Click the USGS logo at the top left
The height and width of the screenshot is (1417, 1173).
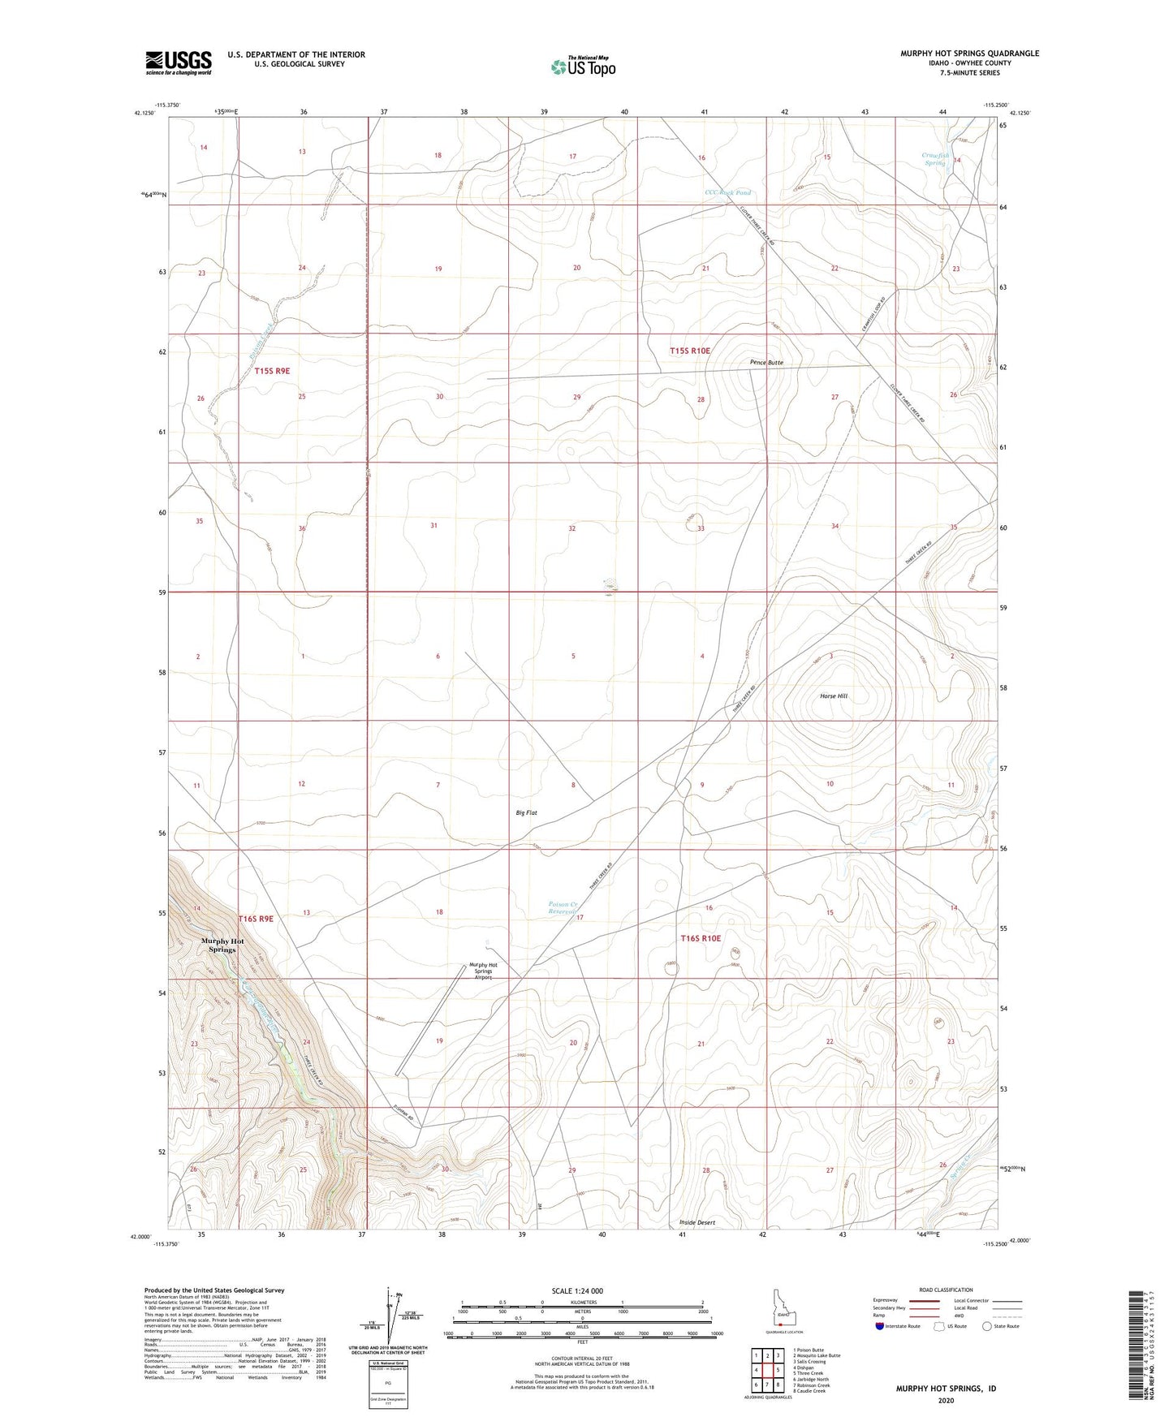point(178,62)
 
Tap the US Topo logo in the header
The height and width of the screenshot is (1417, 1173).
point(583,67)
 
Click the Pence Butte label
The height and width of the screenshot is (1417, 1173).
point(765,363)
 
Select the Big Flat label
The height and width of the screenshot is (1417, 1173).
point(526,812)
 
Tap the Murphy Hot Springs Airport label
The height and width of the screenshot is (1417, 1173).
point(483,971)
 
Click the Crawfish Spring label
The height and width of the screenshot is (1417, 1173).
point(935,159)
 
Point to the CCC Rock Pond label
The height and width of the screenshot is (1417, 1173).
point(727,193)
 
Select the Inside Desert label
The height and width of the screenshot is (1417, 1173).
point(697,1222)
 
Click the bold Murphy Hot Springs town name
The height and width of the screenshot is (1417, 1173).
point(222,945)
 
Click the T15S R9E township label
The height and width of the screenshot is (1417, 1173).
point(272,371)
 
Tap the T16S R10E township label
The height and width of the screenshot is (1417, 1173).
point(701,938)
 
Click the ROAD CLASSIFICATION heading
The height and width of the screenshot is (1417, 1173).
point(946,1290)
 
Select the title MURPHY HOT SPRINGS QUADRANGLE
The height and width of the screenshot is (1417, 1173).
point(969,54)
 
